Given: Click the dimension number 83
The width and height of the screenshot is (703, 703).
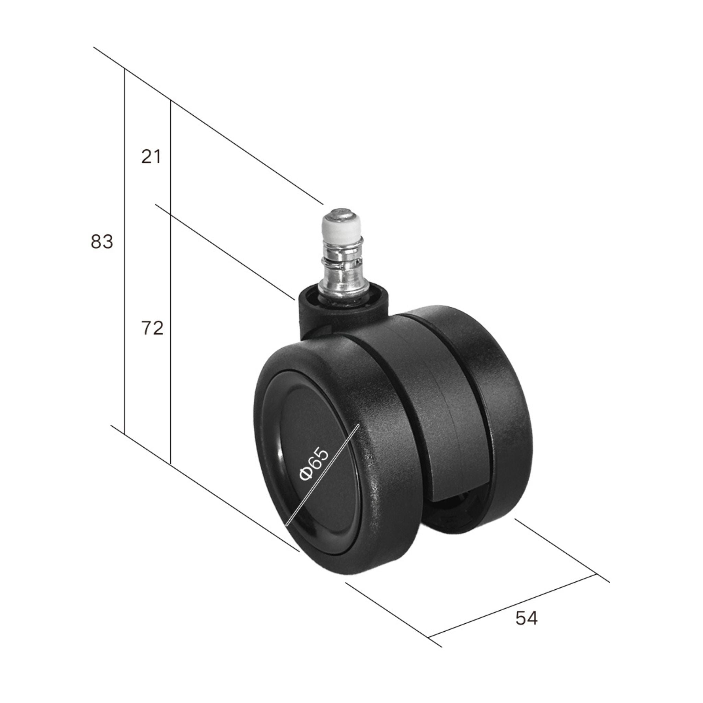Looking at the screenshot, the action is (x=102, y=242).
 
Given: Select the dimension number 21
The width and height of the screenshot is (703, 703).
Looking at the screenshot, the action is (x=151, y=157).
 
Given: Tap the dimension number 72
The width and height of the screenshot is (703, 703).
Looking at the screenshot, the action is (x=152, y=329).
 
